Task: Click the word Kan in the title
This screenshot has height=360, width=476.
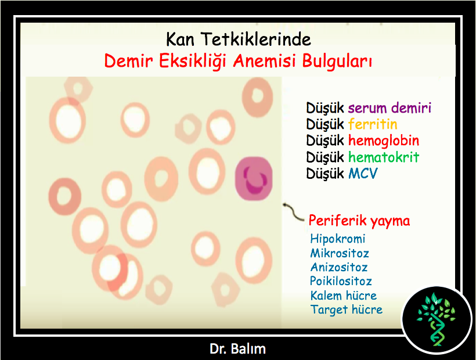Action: click(x=180, y=39)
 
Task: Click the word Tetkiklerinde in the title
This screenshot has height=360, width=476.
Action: click(x=256, y=39)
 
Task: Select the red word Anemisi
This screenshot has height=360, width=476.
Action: click(x=264, y=61)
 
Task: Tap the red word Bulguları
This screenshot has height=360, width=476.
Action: click(x=337, y=62)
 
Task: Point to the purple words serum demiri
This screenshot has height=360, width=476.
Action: click(x=390, y=108)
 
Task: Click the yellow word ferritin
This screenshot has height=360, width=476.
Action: click(x=373, y=124)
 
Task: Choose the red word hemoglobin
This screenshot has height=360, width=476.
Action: click(x=383, y=141)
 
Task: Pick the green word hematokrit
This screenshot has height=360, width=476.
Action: click(x=383, y=157)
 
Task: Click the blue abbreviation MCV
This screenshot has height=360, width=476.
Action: click(x=363, y=174)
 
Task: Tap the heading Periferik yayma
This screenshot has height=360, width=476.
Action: click(x=359, y=221)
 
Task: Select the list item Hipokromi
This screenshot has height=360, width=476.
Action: click(x=338, y=239)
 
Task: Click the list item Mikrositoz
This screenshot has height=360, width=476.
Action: click(x=340, y=253)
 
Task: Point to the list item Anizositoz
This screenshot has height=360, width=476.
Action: click(x=339, y=267)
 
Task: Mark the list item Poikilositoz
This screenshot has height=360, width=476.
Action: click(x=341, y=281)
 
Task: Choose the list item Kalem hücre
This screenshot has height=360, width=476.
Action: click(x=343, y=296)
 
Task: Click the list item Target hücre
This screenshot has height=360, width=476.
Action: click(x=347, y=309)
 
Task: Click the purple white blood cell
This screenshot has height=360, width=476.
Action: click(x=254, y=178)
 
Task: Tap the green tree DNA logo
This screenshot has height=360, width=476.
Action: click(x=436, y=319)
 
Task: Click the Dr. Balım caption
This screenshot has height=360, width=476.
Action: click(x=237, y=349)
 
